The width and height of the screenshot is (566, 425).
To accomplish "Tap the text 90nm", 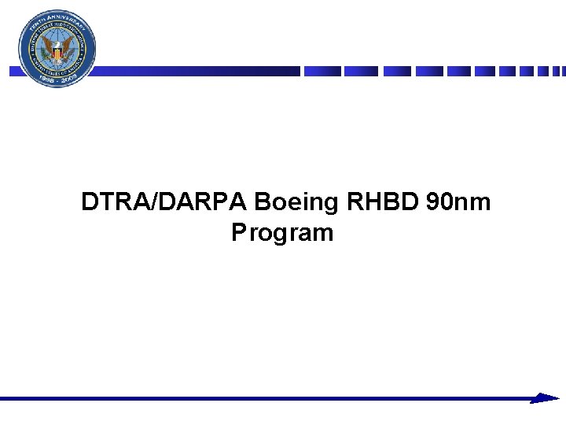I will click(458, 203).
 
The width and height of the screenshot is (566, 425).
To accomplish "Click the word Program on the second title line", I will click(282, 234).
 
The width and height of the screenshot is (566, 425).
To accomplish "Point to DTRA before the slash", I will click(110, 203).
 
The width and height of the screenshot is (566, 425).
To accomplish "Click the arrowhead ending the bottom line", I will click(546, 398).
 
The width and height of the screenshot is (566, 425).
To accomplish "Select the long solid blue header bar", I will click(197, 71).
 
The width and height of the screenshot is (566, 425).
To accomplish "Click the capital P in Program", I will click(239, 234).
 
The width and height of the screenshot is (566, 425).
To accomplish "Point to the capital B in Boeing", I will click(263, 203).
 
